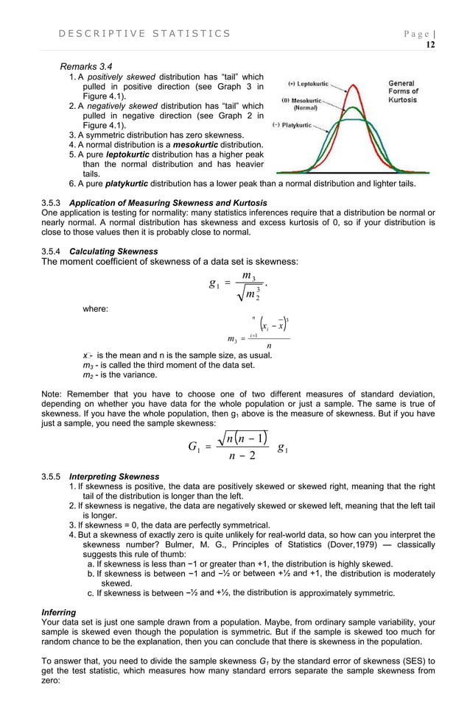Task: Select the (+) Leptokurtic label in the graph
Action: click(308, 85)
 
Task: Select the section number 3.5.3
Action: click(53, 202)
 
